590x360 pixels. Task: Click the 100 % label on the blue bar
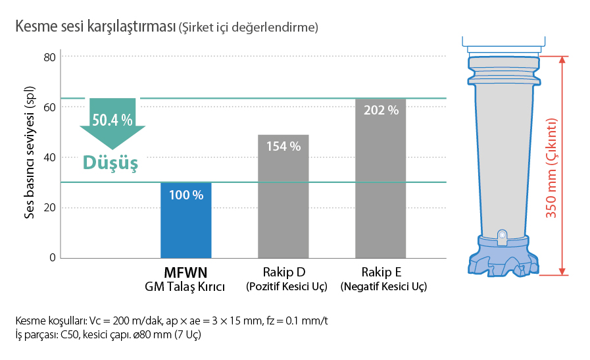pos(185,195)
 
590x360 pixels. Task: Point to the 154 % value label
pos(283,146)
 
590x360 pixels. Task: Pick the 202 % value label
pos(381,111)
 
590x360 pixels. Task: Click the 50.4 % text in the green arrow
pos(112,120)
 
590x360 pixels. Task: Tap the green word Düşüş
pos(110,163)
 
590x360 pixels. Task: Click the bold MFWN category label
pos(185,272)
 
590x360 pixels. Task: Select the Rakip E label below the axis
pos(381,272)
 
